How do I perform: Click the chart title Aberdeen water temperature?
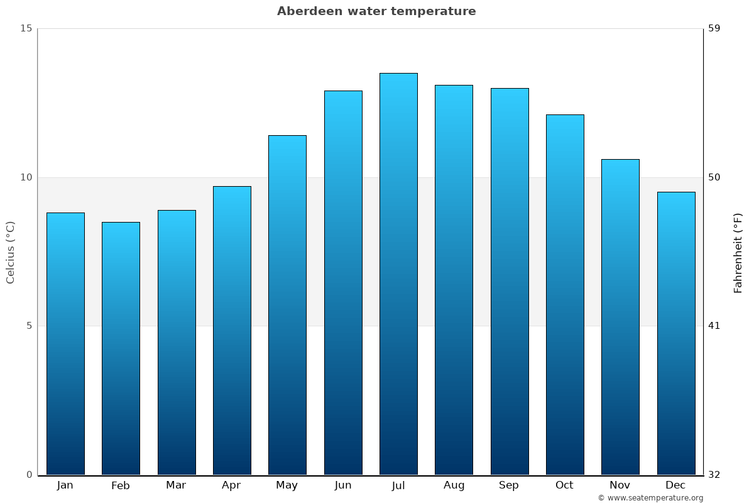(376, 11)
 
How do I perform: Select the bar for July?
(398, 274)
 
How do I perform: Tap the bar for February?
(121, 348)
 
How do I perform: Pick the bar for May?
(287, 305)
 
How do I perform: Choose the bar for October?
(565, 294)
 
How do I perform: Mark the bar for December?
(676, 333)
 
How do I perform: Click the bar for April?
(232, 330)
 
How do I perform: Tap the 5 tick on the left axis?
(29, 326)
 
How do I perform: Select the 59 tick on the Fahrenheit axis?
(714, 28)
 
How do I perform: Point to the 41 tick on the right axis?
(714, 326)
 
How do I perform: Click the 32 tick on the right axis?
(714, 475)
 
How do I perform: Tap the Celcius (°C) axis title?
(11, 252)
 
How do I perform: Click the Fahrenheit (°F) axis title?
(738, 252)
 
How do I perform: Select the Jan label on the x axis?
(65, 485)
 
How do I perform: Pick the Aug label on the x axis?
(454, 485)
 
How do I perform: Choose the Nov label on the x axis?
(620, 485)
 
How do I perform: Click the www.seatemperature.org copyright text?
(650, 498)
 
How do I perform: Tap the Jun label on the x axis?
(343, 485)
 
